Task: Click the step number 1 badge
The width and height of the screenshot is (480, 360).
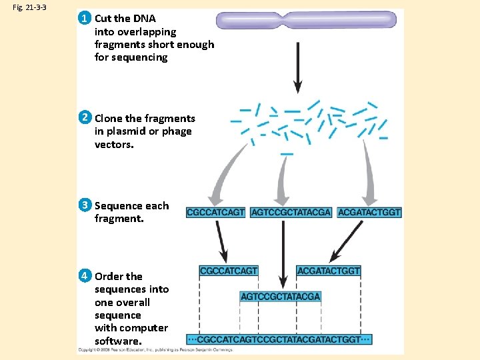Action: coord(85,18)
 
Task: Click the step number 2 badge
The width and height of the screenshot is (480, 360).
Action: coord(85,118)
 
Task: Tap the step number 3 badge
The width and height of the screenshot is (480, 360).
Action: coord(85,205)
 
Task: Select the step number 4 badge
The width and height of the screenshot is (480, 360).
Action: coord(85,275)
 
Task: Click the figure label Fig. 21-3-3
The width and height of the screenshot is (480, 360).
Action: coord(27,7)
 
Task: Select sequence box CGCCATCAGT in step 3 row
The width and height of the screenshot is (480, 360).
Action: coord(216,212)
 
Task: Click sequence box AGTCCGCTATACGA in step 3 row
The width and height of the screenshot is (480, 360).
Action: coord(291,212)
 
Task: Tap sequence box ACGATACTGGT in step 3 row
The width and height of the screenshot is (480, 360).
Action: coord(369,212)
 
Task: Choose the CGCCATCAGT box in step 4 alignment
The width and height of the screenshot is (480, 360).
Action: coord(229,271)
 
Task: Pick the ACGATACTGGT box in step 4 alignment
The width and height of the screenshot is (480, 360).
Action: coord(329,271)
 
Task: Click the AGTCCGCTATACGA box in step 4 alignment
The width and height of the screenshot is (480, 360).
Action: coord(281,296)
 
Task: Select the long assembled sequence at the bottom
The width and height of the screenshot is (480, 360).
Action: coord(279,339)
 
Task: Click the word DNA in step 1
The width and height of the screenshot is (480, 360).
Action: coord(144,19)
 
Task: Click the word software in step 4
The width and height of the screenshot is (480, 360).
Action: coord(116,341)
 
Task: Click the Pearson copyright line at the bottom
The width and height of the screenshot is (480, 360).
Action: coord(155,350)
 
